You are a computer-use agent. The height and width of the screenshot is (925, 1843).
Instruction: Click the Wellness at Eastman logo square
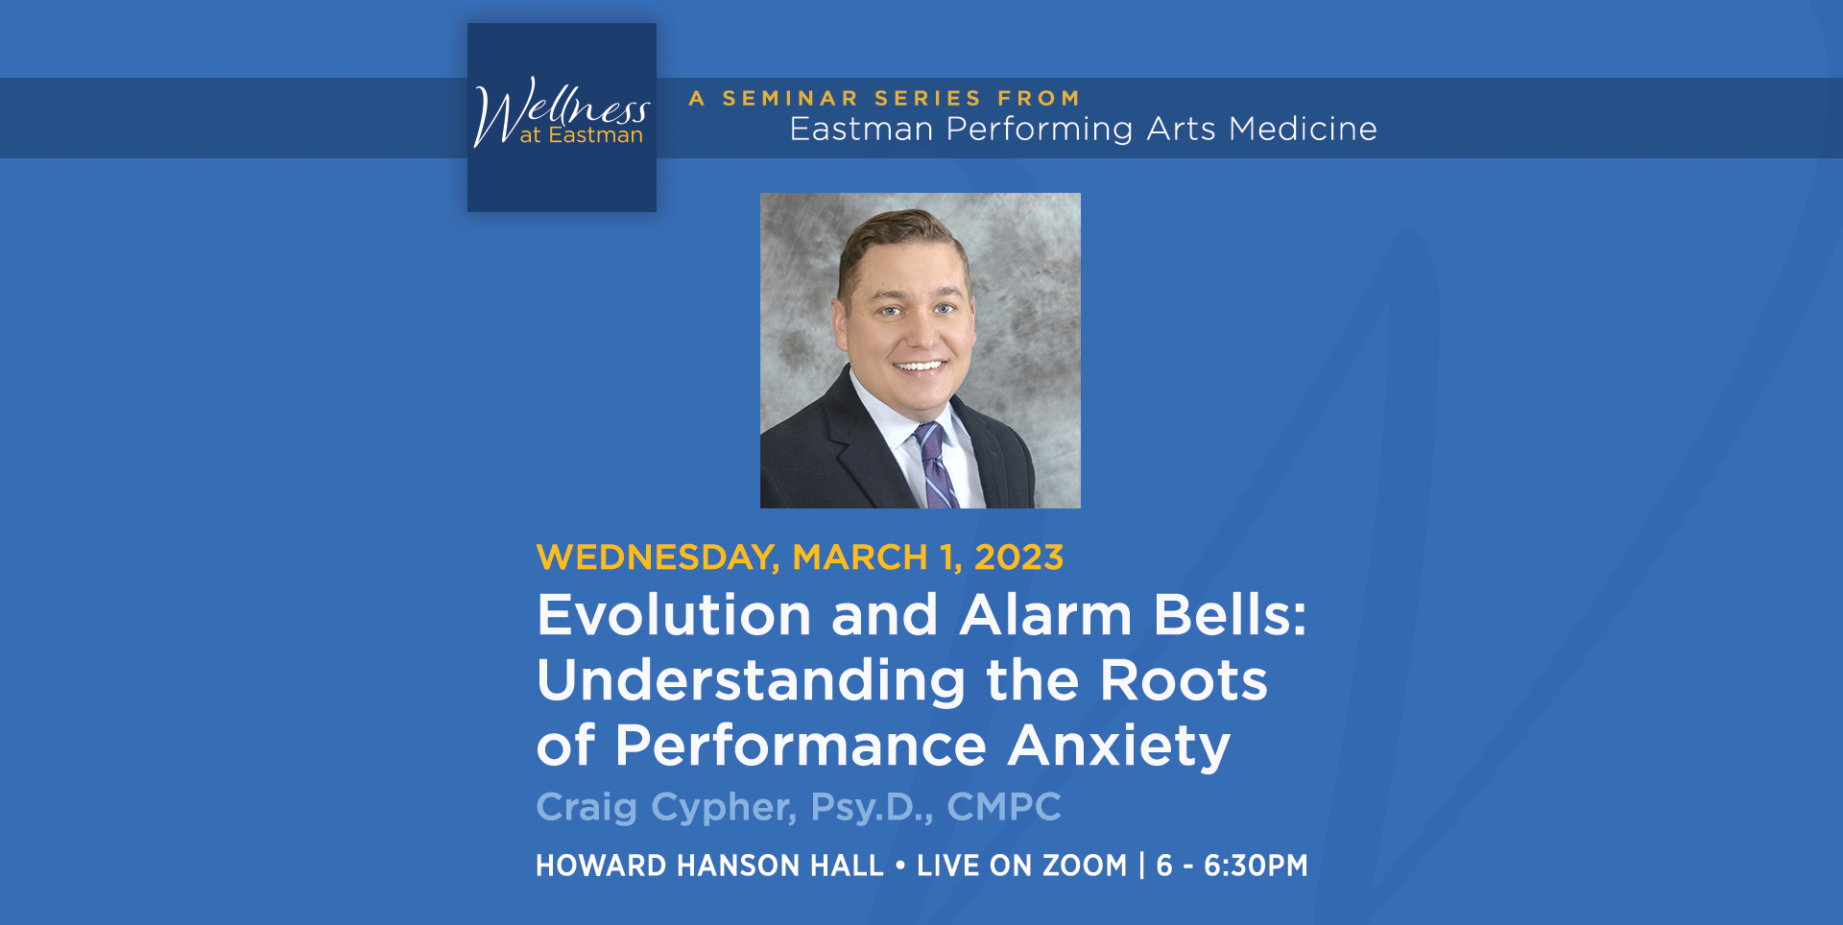point(562,117)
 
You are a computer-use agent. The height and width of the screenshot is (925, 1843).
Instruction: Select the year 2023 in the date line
point(1018,557)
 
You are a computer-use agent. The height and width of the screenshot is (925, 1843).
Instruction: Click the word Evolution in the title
point(674,615)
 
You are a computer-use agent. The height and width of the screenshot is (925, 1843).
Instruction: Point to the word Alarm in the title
point(1045,615)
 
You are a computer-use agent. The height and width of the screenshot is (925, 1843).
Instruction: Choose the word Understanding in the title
point(751,681)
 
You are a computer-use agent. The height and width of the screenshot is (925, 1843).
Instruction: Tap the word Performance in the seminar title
point(801,747)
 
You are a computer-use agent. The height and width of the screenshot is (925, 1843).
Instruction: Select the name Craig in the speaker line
point(586,808)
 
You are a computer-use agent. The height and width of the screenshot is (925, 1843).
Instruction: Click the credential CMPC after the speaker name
point(1004,807)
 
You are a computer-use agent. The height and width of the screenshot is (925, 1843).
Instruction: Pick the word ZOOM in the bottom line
point(1085,866)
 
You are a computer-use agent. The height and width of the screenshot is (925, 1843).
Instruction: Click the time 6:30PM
point(1256,866)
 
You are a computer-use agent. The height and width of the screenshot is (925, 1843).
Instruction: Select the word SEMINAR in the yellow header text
point(790,99)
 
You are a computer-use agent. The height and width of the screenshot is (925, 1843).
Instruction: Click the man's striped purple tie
point(934,465)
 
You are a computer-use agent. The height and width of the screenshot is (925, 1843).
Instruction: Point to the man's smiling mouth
point(920,366)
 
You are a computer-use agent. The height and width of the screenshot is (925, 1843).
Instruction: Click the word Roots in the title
point(1183,681)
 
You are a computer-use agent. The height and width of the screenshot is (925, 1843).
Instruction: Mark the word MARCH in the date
point(859,557)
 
